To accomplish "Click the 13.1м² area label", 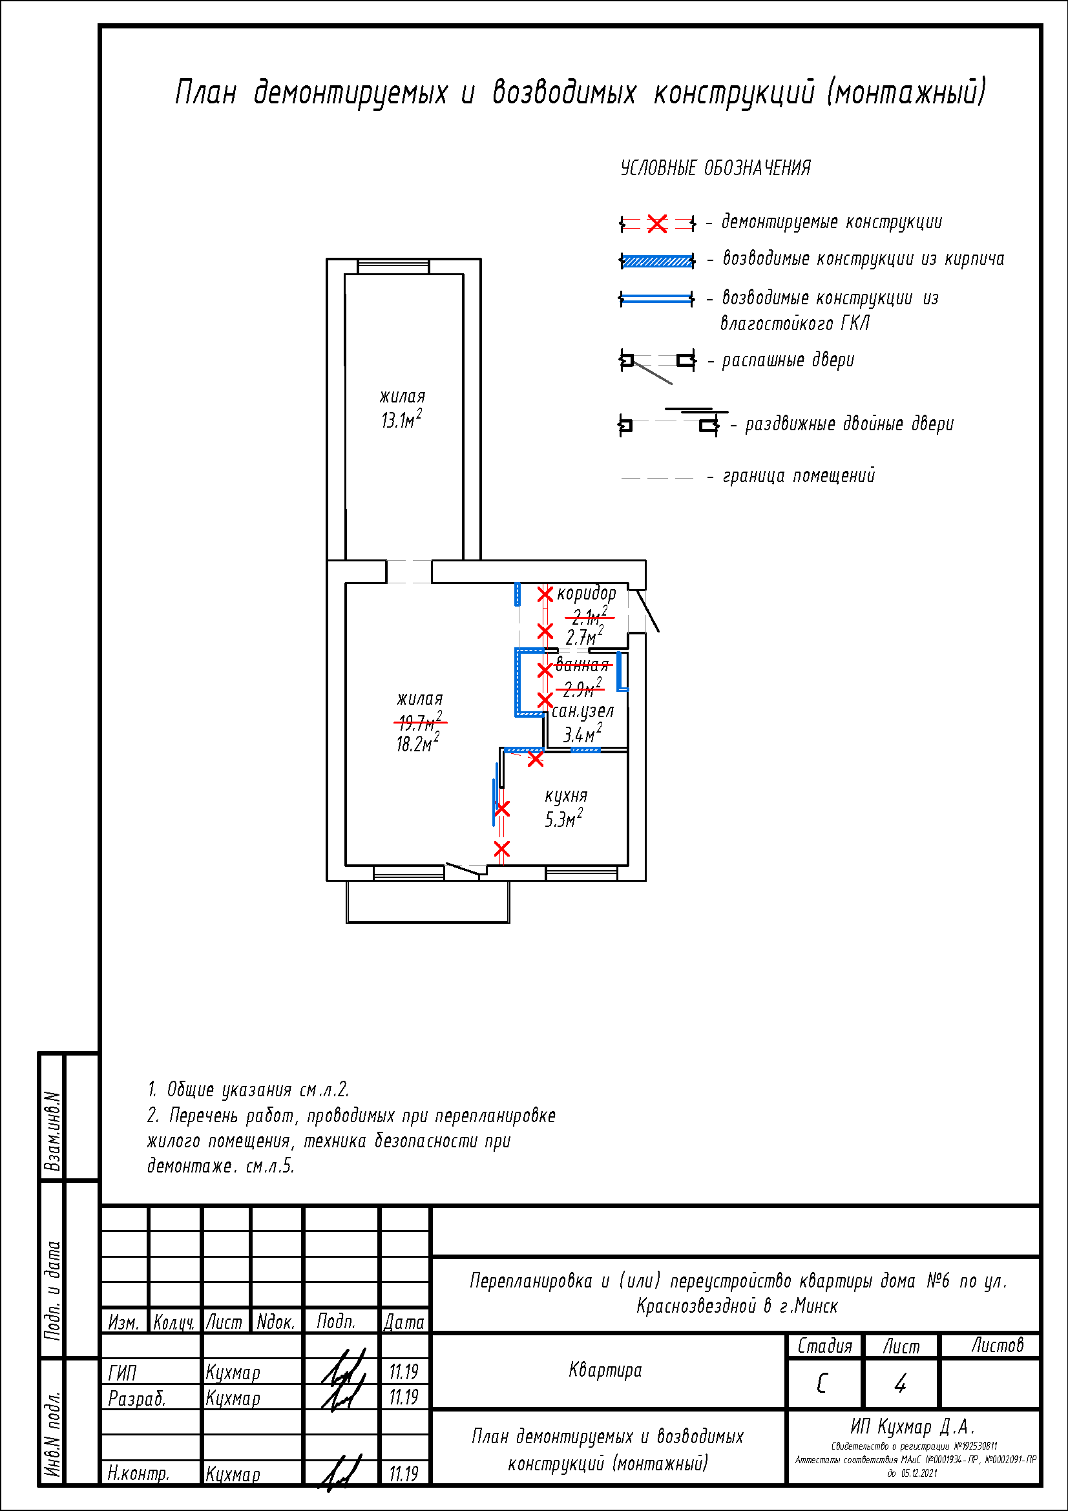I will [x=401, y=419].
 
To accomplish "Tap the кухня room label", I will [x=565, y=796].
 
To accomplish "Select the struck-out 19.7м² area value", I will [x=420, y=722].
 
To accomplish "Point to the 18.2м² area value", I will [x=417, y=743].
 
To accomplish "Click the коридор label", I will [x=586, y=593].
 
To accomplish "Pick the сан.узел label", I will [x=582, y=711].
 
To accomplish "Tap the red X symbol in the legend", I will [x=656, y=224].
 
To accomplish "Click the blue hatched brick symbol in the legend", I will [x=656, y=261].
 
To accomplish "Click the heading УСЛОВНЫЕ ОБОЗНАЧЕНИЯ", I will [x=715, y=168].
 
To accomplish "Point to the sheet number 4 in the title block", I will [x=900, y=1384].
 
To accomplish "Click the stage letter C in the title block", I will [x=822, y=1384].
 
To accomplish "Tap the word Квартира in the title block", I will [x=605, y=1371].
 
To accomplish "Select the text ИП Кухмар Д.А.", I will [x=912, y=1427].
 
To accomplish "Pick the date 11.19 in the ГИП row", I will [x=403, y=1372].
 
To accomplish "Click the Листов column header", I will [x=997, y=1346].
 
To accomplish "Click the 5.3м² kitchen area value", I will [x=563, y=819].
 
